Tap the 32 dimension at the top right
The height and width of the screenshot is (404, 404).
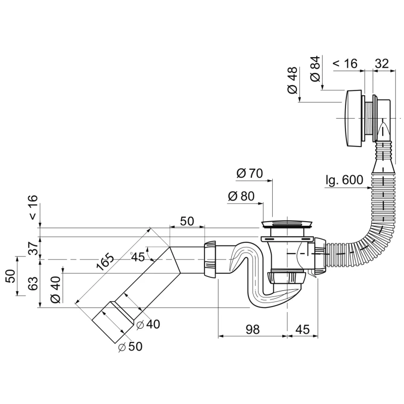pyautogui.click(x=382, y=64)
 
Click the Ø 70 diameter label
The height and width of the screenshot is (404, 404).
pyautogui.click(x=249, y=173)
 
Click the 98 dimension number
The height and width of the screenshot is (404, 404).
pyautogui.click(x=252, y=329)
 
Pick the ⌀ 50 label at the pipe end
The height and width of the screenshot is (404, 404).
pyautogui.click(x=130, y=347)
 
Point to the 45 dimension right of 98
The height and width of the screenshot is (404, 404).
pyautogui.click(x=302, y=329)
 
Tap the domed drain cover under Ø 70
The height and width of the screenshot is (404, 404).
pyautogui.click(x=286, y=223)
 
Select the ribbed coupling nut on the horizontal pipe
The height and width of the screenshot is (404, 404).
pyautogui.click(x=210, y=259)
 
